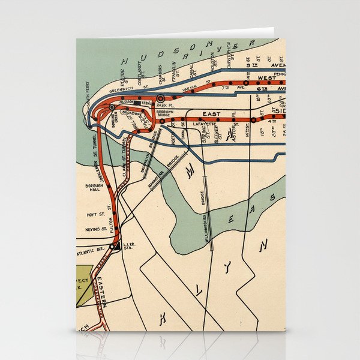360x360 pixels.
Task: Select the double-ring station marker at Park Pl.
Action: (x=160, y=97)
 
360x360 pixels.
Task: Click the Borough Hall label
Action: (x=95, y=187)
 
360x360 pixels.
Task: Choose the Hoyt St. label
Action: (x=96, y=214)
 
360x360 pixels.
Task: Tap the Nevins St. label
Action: (x=96, y=229)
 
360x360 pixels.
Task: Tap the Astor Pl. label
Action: (x=235, y=133)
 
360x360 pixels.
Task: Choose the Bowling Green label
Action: (x=115, y=119)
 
